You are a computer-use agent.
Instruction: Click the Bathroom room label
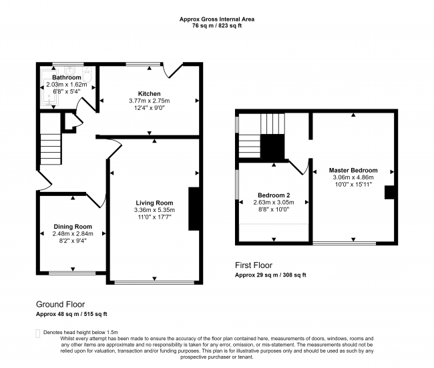pos(66,77)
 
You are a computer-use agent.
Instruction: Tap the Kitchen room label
pos(150,93)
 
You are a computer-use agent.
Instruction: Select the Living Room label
pos(154,203)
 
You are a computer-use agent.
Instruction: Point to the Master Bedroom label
pos(353,170)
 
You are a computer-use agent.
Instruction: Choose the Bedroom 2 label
pos(274,195)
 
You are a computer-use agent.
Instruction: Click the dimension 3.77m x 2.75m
pos(150,101)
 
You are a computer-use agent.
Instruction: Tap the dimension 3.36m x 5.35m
pos(154,211)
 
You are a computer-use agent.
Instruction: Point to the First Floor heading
pos(254,265)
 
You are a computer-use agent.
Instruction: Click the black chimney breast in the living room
pos(194,209)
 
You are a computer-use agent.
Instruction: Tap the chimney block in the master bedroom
pos(389,192)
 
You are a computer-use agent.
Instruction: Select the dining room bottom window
pos(71,272)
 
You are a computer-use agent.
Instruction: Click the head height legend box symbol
pos(37,332)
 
